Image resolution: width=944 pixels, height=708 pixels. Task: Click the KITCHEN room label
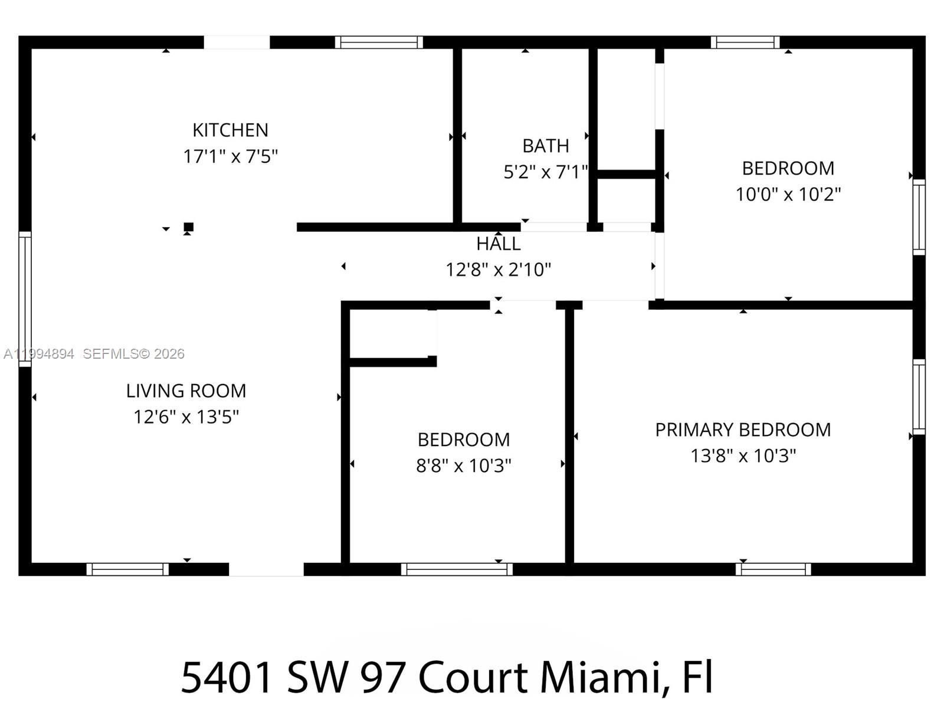click(230, 130)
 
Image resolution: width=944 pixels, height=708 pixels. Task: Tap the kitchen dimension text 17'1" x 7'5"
click(230, 156)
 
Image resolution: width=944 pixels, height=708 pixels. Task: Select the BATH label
click(546, 146)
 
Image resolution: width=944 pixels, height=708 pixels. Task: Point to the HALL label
click(499, 244)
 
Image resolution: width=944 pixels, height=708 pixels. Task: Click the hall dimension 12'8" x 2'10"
click(499, 270)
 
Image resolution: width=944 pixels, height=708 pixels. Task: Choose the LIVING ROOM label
click(186, 391)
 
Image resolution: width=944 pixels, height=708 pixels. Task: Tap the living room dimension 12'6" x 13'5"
click(186, 417)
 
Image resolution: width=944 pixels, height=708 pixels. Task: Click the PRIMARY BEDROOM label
click(743, 430)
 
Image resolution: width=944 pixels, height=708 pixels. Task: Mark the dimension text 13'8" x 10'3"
click(743, 455)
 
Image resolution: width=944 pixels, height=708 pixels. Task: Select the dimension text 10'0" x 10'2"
click(788, 194)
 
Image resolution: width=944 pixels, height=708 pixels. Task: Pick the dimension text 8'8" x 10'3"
click(464, 466)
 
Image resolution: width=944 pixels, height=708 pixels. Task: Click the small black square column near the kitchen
click(189, 227)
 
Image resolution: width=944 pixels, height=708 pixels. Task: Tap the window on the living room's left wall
click(25, 299)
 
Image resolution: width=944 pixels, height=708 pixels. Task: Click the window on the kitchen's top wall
click(379, 42)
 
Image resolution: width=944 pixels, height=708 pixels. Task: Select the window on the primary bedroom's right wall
click(919, 396)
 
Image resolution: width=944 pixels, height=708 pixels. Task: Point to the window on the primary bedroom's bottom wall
click(773, 569)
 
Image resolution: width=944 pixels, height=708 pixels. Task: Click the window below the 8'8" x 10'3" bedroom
click(457, 569)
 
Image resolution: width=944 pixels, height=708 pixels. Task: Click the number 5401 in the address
click(227, 677)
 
